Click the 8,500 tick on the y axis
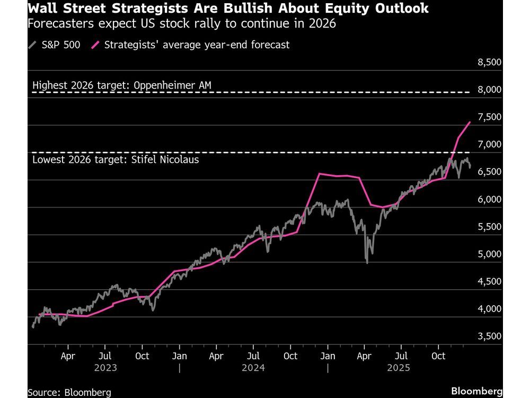point(489,62)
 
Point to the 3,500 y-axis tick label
point(489,336)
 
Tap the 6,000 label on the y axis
point(489,199)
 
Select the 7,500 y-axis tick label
point(489,117)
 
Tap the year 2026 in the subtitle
point(324,25)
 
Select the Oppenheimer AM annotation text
point(172,85)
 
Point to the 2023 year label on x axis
point(105,367)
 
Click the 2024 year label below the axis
point(253,367)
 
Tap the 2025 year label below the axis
point(402,367)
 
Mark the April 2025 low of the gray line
point(367,262)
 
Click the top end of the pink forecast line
point(470,122)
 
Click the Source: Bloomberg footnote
point(69,392)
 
